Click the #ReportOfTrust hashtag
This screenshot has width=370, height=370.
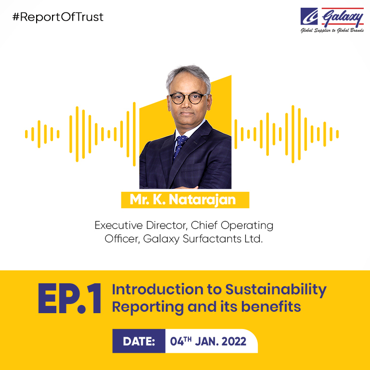58,17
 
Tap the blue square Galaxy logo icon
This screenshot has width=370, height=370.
309,16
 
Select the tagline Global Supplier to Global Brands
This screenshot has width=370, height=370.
332,30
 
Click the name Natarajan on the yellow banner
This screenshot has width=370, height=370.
202,199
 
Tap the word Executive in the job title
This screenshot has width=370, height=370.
119,225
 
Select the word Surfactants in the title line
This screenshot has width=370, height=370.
212,239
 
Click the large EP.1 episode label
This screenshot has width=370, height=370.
69,298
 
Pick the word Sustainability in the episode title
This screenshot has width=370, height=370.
276,290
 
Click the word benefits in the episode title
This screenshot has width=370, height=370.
271,306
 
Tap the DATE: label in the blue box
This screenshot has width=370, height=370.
139,341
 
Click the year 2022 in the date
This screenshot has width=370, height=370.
234,341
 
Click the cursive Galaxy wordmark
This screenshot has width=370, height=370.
343,17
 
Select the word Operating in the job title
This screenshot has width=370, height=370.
247,226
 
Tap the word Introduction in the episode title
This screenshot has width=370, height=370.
158,289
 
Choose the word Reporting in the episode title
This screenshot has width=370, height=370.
148,307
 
